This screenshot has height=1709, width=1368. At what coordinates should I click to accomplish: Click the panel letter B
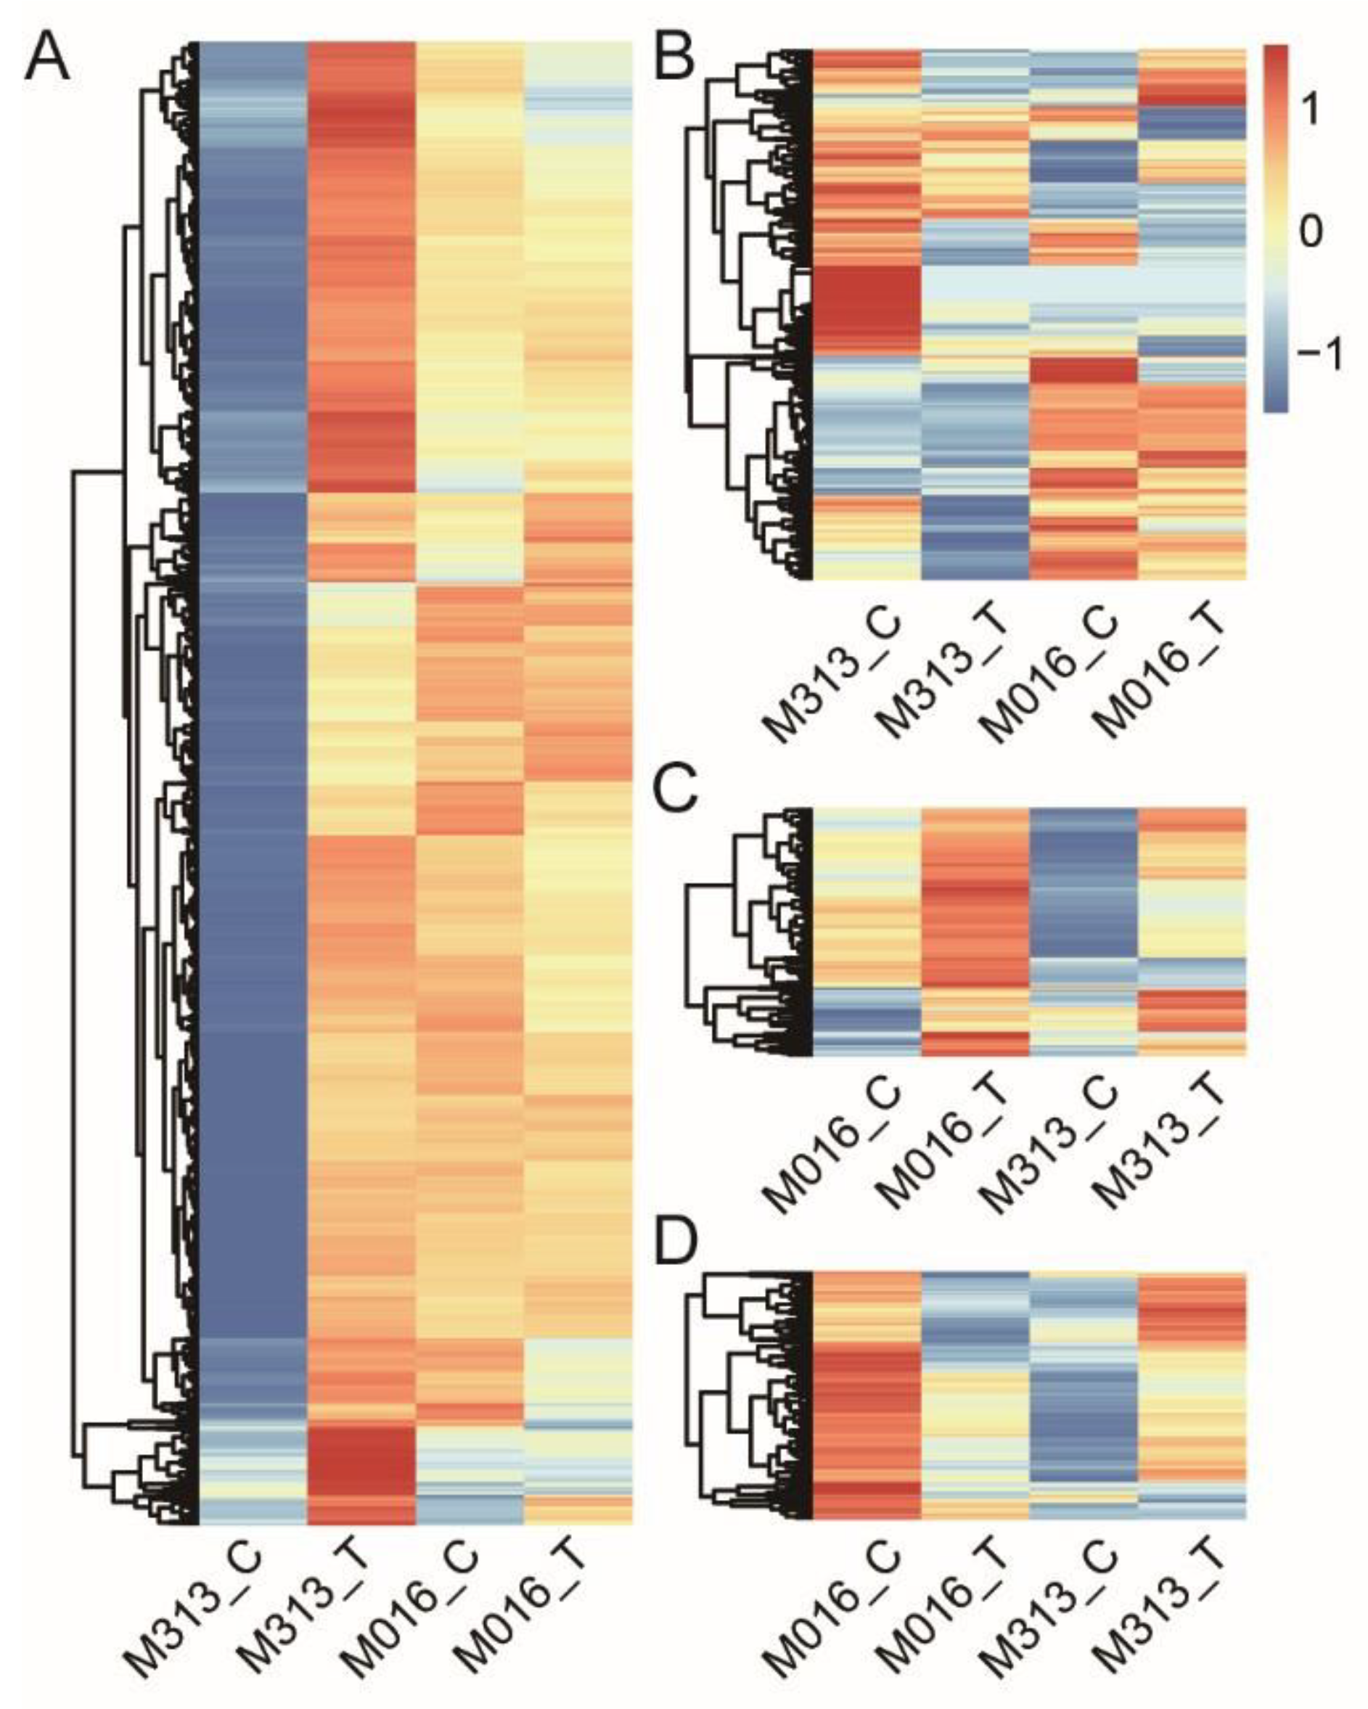click(674, 60)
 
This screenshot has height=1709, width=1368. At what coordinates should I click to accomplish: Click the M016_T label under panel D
click(943, 1609)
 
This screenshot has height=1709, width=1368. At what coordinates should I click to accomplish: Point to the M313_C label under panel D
click(1051, 1609)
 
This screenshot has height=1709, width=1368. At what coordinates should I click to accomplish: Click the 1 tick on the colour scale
click(1309, 111)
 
